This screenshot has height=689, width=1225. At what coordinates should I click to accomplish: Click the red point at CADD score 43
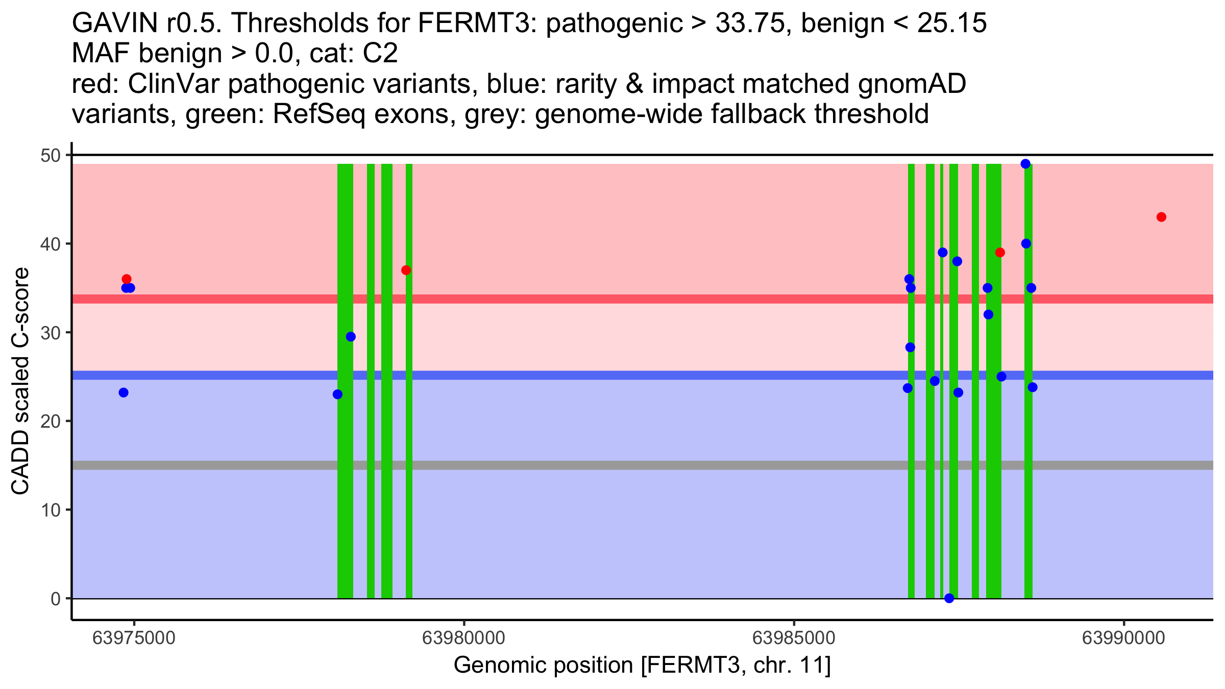[1161, 217]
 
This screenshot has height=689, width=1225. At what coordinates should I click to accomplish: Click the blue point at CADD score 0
[949, 598]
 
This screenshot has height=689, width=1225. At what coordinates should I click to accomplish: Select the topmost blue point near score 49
[1025, 164]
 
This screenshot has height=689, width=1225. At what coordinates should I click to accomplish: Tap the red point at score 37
[406, 270]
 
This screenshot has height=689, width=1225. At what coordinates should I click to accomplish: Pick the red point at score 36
[127, 279]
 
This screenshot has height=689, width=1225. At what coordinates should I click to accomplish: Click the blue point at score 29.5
[351, 337]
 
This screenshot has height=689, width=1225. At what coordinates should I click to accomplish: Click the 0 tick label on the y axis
[55, 599]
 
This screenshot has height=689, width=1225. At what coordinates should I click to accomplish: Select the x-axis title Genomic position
[642, 666]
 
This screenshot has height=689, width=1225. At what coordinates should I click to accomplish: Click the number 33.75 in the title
[749, 23]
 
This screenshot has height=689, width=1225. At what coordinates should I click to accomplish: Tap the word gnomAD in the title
[912, 84]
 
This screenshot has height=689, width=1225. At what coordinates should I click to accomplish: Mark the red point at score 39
[1000, 253]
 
